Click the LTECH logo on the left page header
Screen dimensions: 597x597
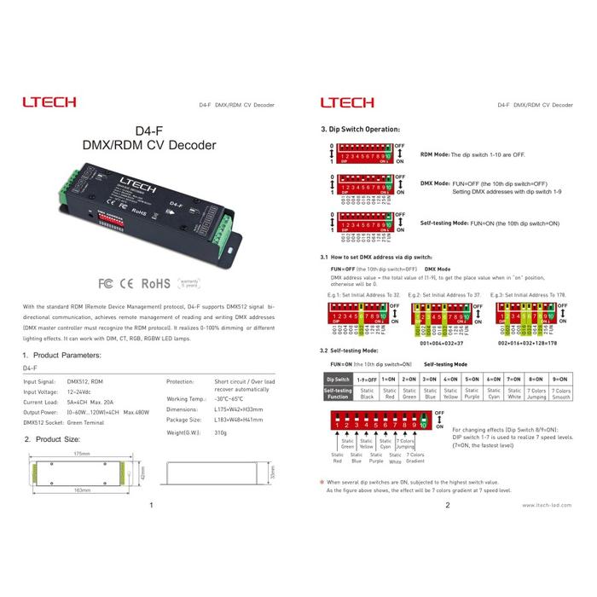(x=49, y=102)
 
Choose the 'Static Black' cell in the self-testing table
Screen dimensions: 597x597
(x=367, y=393)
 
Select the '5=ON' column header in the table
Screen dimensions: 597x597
(x=472, y=378)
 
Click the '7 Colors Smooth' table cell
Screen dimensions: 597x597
(x=561, y=393)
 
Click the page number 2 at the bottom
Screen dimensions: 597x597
(x=447, y=505)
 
